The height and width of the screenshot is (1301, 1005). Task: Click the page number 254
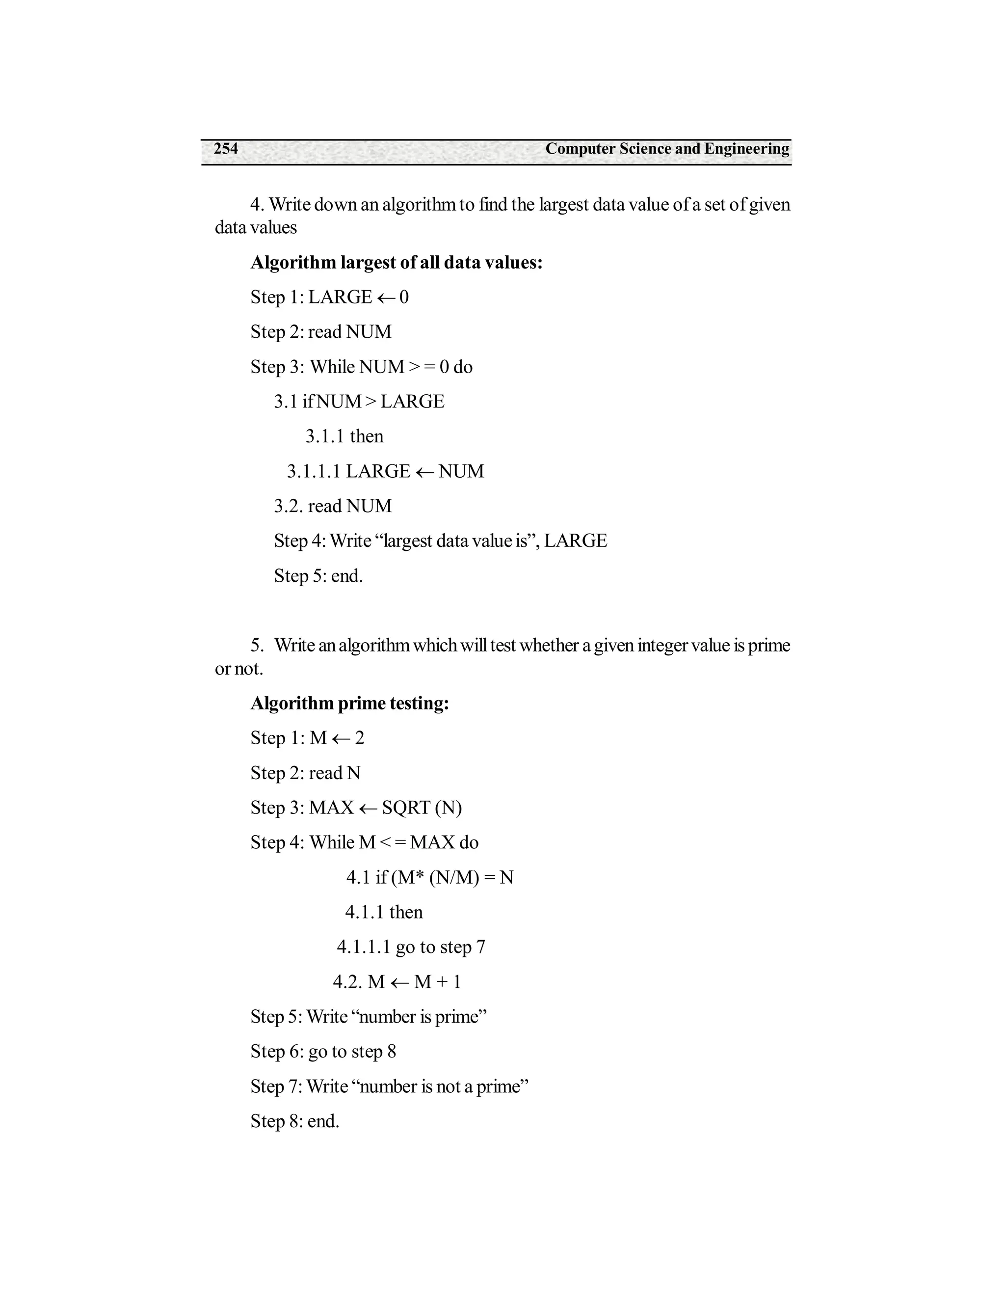(226, 149)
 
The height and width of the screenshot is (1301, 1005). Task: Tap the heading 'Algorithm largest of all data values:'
(397, 263)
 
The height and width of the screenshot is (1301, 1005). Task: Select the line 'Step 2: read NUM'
(321, 332)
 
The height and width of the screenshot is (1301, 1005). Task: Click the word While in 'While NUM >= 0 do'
(332, 367)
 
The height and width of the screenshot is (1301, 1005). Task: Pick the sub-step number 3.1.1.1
(313, 472)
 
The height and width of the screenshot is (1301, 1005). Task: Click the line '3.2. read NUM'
(333, 506)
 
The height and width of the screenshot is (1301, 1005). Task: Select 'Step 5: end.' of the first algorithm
(318, 576)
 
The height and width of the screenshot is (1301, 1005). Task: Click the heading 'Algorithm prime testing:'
(349, 704)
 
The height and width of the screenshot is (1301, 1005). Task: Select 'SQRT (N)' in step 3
(422, 809)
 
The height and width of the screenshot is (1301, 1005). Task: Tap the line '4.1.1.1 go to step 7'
(411, 947)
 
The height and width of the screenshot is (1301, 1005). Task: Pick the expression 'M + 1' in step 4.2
(438, 982)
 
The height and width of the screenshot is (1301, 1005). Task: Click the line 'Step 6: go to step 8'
(323, 1052)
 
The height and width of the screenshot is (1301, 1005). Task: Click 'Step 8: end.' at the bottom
(295, 1122)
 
